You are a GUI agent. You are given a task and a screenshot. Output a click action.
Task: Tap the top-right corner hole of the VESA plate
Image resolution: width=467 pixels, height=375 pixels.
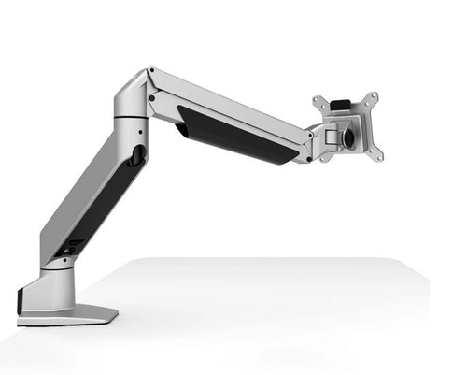click(x=374, y=96)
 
